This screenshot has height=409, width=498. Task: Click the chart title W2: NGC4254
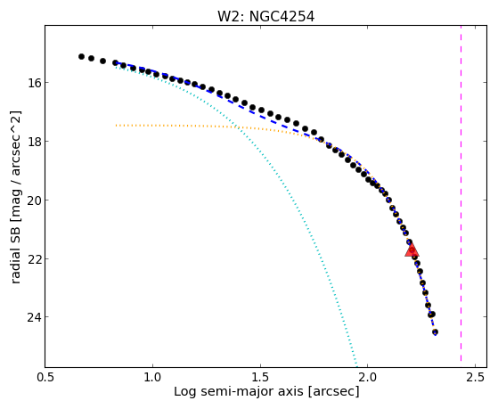[265, 17]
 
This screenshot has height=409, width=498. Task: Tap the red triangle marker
[412, 250]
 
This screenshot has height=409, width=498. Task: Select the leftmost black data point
[81, 56]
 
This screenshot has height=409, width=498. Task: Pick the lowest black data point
[435, 332]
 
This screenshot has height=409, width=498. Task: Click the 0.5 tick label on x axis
[45, 377]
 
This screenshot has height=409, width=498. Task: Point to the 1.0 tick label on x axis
[152, 377]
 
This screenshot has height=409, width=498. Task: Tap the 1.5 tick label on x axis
[260, 377]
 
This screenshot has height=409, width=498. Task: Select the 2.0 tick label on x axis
[367, 377]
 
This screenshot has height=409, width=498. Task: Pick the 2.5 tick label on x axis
[475, 377]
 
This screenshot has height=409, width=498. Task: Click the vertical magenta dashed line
[461, 196]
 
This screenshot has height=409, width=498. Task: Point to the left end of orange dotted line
[116, 126]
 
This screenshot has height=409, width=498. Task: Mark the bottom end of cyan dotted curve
[356, 365]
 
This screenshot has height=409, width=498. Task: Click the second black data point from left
[92, 58]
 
